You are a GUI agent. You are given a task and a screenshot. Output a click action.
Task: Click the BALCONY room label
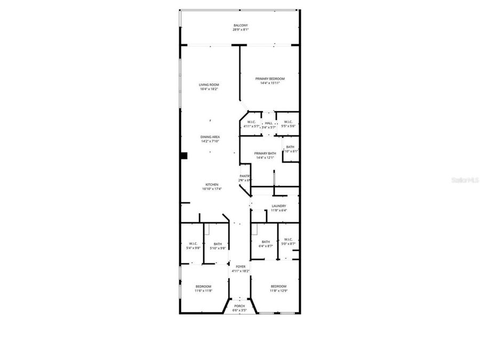point(240,25)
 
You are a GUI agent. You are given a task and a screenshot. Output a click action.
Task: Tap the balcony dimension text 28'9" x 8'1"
point(240,30)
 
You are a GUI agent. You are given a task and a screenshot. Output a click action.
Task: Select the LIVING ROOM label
point(209,85)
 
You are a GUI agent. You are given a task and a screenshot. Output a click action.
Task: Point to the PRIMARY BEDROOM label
point(270,79)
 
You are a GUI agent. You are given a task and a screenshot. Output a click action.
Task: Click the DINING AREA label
point(210,137)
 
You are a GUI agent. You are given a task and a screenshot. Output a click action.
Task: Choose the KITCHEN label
point(212,185)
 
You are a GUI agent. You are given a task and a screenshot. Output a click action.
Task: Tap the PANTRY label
point(245,176)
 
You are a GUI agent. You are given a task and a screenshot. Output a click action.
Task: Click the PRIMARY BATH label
point(265,154)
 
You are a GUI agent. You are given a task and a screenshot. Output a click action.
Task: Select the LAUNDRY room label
point(278,206)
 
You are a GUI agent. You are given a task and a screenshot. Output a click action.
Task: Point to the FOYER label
point(240,267)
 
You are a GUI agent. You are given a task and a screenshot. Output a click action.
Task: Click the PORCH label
point(240,306)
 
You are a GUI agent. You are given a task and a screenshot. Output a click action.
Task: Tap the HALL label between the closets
point(269,123)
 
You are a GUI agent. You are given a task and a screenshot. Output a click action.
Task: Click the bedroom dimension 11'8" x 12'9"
point(278,291)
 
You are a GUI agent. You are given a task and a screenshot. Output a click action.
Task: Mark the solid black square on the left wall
point(183,156)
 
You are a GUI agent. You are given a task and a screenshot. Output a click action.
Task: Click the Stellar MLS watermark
point(466,181)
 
